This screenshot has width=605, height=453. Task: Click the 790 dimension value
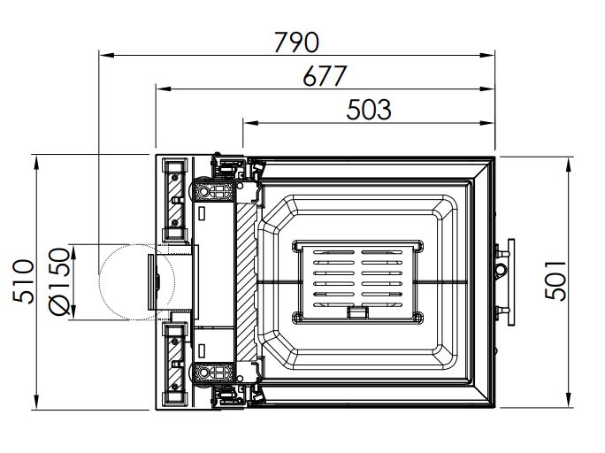pyautogui.click(x=296, y=42)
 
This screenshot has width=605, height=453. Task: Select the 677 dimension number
pyautogui.click(x=325, y=76)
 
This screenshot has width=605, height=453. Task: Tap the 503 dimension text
pyautogui.click(x=369, y=110)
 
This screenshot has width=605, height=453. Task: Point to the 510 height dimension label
pyautogui.click(x=23, y=281)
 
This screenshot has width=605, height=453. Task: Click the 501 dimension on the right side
pyautogui.click(x=555, y=280)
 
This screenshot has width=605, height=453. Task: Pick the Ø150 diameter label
pyautogui.click(x=60, y=281)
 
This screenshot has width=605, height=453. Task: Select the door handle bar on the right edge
pyautogui.click(x=511, y=282)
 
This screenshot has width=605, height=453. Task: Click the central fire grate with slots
pyautogui.click(x=357, y=281)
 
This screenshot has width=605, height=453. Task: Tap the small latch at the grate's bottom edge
pyautogui.click(x=357, y=312)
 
